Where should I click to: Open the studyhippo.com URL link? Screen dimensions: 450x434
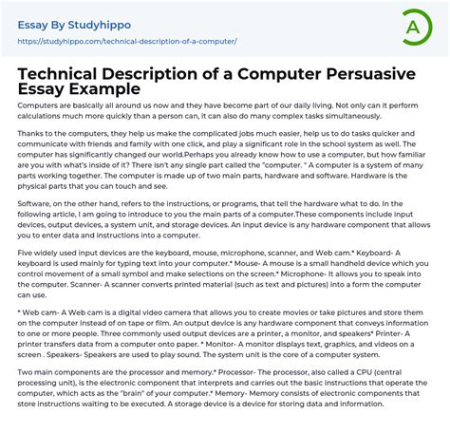pos(128,42)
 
